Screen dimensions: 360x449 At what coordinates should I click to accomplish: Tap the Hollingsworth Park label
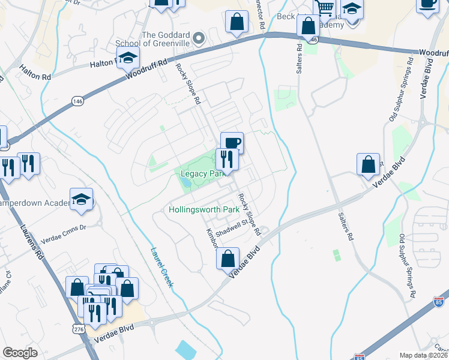tap(204, 210)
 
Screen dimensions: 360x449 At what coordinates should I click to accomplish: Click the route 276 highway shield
tap(78, 329)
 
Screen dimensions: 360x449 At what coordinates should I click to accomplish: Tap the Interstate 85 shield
tap(439, 301)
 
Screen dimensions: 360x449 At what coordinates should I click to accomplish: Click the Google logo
tap(20, 353)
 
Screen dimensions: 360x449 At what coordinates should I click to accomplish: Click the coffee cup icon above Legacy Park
tap(232, 143)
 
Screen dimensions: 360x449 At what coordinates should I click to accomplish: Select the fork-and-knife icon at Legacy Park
tap(226, 158)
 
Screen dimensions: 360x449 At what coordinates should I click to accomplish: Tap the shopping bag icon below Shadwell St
tap(228, 259)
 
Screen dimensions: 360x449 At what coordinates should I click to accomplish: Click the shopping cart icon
tap(325, 8)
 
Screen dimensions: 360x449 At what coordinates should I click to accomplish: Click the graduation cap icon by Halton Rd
tap(128, 58)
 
